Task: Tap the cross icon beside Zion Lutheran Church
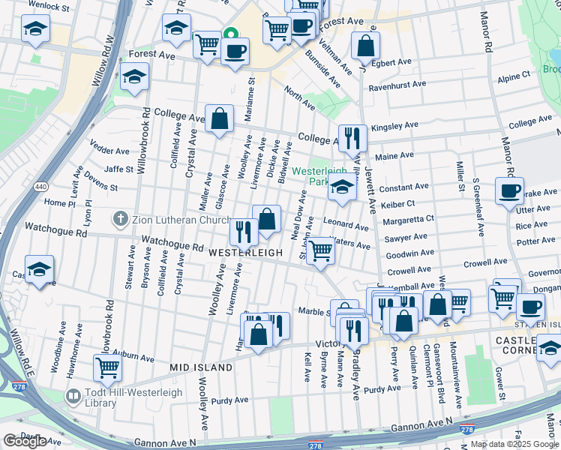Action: (119, 220)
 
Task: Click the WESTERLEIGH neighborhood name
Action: (245, 253)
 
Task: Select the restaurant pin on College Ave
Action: (352, 138)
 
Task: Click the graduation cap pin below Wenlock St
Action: (34, 30)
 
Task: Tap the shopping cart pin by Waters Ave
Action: (321, 250)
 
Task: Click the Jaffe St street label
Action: (118, 169)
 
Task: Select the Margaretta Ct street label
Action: (408, 220)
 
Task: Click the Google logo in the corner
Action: (25, 442)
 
